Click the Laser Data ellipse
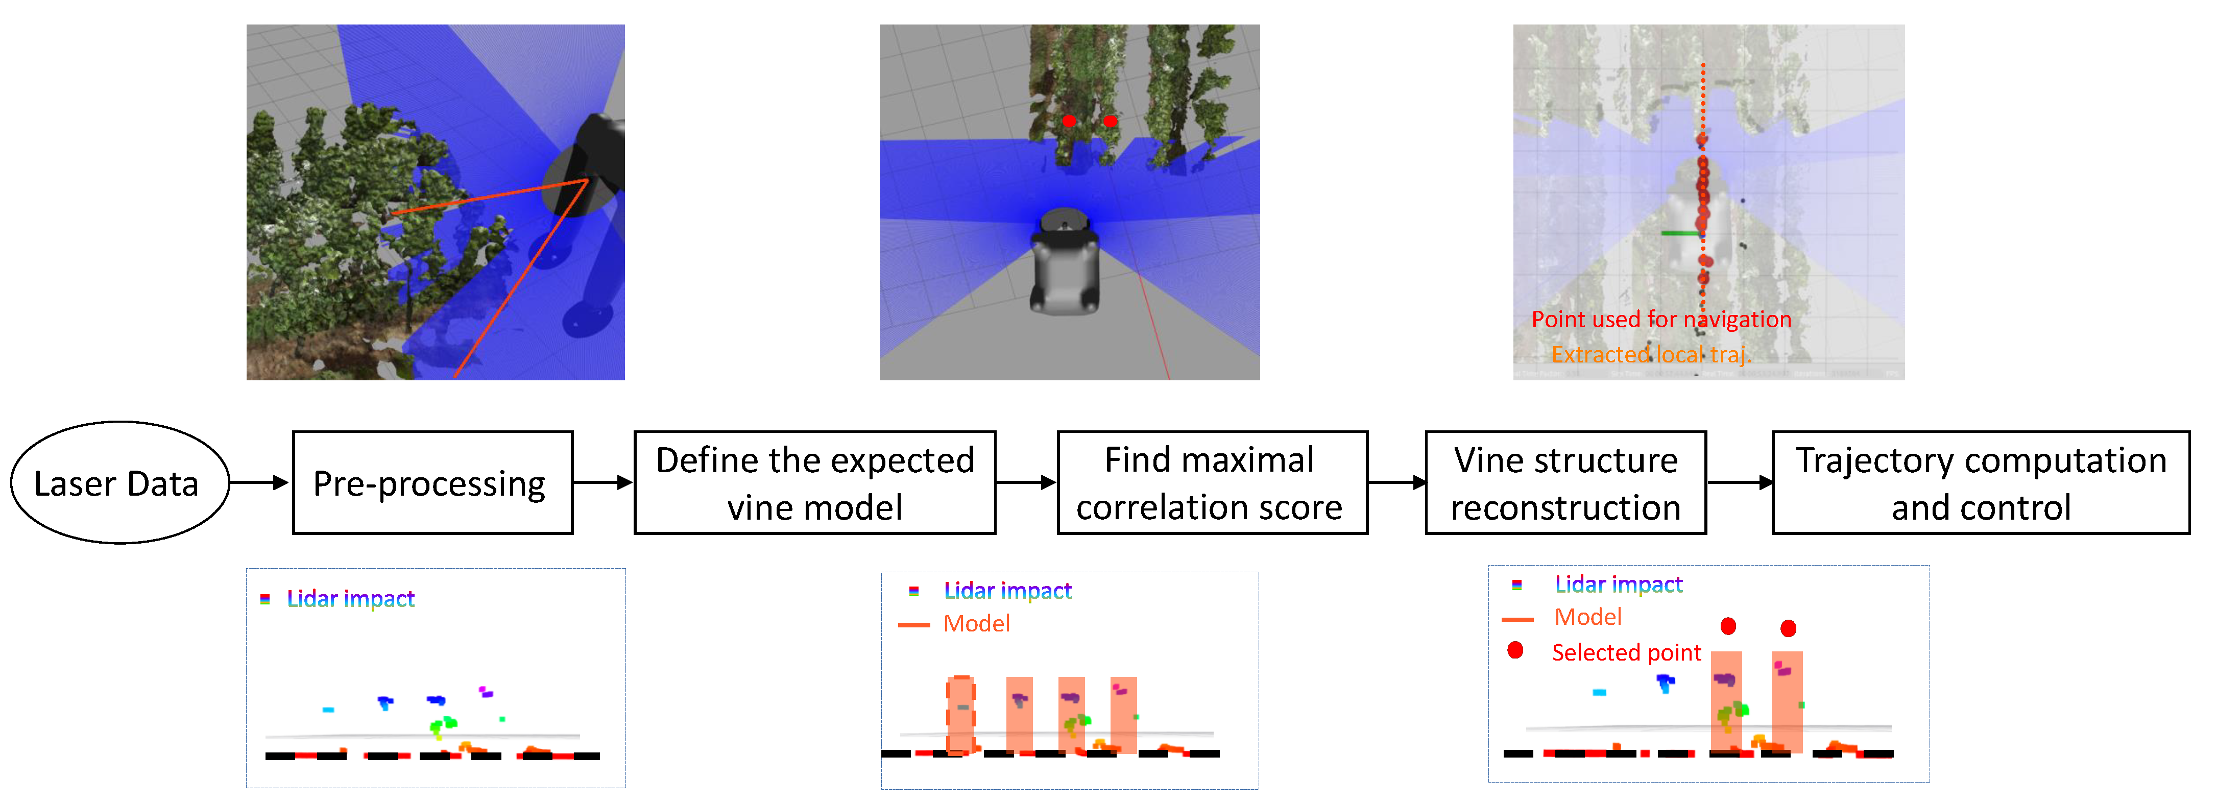pyautogui.click(x=119, y=483)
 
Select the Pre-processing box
pyautogui.click(x=432, y=483)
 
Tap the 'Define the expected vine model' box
pyautogui.click(x=814, y=483)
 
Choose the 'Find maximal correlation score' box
pyautogui.click(x=1212, y=483)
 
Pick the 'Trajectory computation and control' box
pyautogui.click(x=1980, y=483)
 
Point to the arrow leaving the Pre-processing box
pyautogui.click(x=603, y=483)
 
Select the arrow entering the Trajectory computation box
pyautogui.click(x=1739, y=483)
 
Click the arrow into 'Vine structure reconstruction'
pyautogui.click(x=1396, y=483)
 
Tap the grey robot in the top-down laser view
pyautogui.click(x=1066, y=262)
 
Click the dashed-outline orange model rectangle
pyautogui.click(x=960, y=715)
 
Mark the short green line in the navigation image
pyautogui.click(x=1679, y=232)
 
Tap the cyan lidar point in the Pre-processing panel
pyautogui.click(x=328, y=710)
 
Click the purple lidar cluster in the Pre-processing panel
pyautogui.click(x=486, y=691)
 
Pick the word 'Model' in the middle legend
pyautogui.click(x=976, y=623)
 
